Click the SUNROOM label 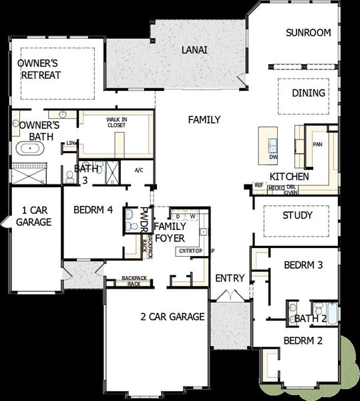coord(309,32)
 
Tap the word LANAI coord(194,50)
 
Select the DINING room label coord(309,93)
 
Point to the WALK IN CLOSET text coord(116,122)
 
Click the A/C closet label coord(139,170)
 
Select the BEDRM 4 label coord(93,209)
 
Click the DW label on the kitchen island coord(273,156)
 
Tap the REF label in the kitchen coord(258,185)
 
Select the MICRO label coord(276,188)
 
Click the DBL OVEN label coord(292,190)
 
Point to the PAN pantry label coord(318,144)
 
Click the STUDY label coord(297,215)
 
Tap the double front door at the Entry coord(230,295)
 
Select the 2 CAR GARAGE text coord(172,316)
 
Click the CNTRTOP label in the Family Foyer coord(190,251)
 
